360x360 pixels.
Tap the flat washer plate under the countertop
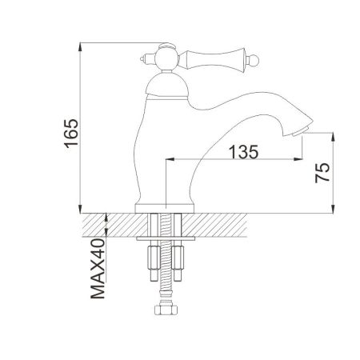pos(166,240)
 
